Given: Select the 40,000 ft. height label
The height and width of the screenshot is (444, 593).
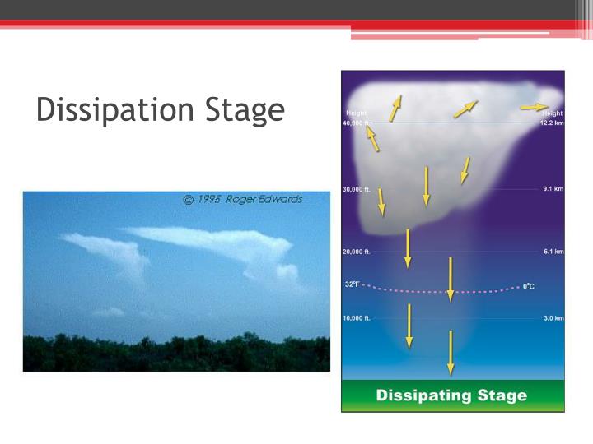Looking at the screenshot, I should [357, 123].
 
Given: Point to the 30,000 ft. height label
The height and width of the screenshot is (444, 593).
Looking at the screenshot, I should [357, 189].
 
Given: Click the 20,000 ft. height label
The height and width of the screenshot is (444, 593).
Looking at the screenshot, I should [357, 252].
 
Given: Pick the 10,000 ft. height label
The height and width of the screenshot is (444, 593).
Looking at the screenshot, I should [357, 317].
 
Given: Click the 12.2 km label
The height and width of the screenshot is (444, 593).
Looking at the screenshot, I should [552, 123].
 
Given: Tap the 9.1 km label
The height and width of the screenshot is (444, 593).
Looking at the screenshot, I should [553, 189].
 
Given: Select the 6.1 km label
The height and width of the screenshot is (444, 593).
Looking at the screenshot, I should [553, 252].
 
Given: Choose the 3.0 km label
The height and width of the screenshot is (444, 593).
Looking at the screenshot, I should [553, 317].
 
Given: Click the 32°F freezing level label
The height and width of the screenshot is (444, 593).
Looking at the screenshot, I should [352, 284].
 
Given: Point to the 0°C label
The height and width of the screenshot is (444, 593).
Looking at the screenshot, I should [529, 286].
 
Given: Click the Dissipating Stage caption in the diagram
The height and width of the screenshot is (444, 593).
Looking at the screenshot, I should [451, 395].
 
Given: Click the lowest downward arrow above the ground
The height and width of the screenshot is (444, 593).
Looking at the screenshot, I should [451, 352].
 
